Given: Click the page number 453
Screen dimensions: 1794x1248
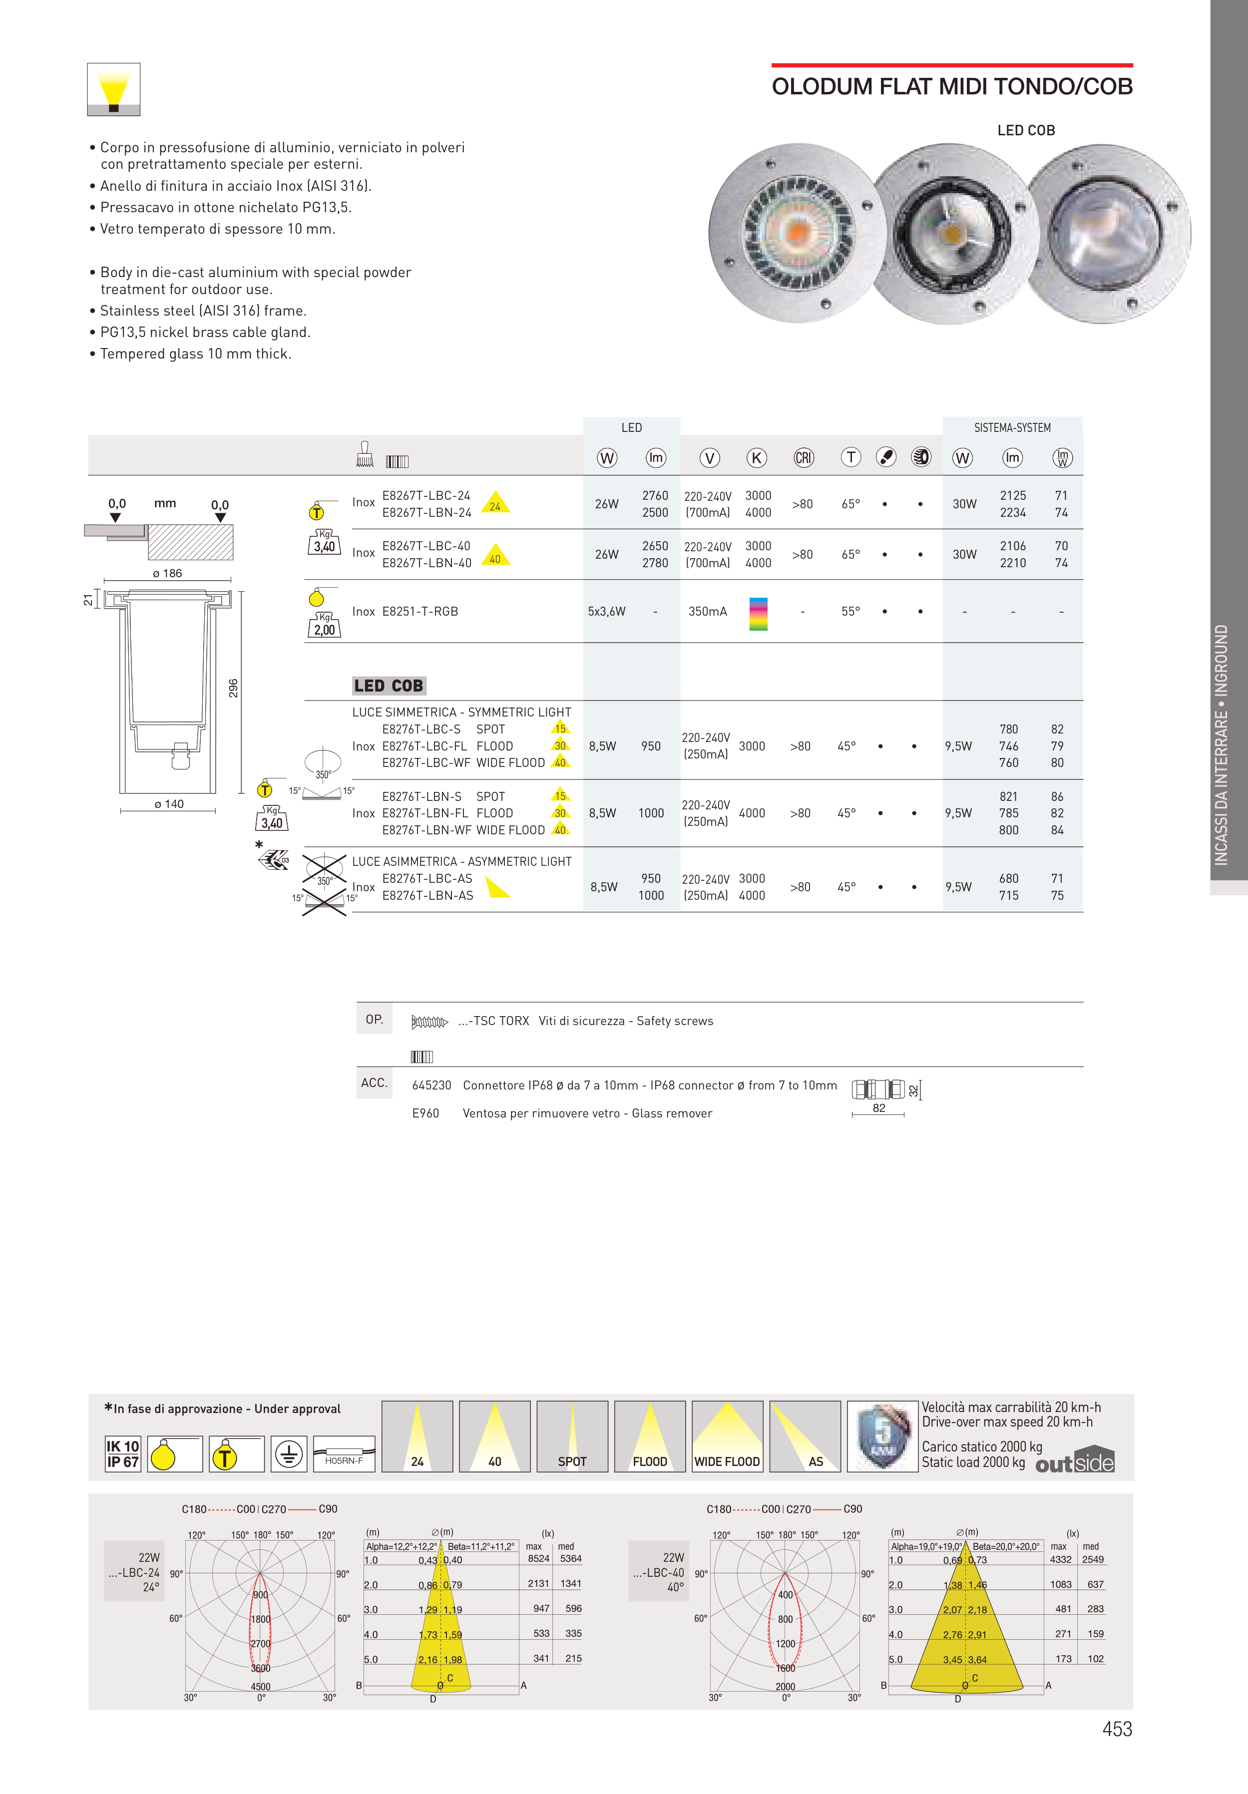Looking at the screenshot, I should point(1117,1729).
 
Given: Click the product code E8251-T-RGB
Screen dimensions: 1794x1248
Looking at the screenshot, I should point(419,612).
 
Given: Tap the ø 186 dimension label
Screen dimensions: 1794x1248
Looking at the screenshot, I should point(167,574).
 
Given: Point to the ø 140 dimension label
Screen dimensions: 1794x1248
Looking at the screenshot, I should point(169,804).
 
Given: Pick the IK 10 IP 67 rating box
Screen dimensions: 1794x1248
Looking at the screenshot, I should point(123,1454).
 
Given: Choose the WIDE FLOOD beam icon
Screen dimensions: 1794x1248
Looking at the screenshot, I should point(727,1436).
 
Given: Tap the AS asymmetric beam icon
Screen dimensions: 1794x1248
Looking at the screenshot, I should point(805,1436).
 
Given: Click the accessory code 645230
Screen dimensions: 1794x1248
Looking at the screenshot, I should point(431,1085).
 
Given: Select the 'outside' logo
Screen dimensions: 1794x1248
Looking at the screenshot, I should point(1075,1462).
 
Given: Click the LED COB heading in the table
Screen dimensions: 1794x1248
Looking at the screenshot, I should point(389,686).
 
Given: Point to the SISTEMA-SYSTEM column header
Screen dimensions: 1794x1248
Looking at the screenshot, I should point(1012,428).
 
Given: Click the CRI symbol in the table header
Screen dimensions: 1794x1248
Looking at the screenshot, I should point(804,458).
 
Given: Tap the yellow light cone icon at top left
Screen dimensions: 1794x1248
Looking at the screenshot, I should point(113,89).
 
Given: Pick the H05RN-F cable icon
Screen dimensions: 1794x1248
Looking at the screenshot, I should point(344,1454).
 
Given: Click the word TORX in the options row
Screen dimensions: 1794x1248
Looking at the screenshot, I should point(513,1021).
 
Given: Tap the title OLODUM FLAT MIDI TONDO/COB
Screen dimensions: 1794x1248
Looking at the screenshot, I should point(952,87).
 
